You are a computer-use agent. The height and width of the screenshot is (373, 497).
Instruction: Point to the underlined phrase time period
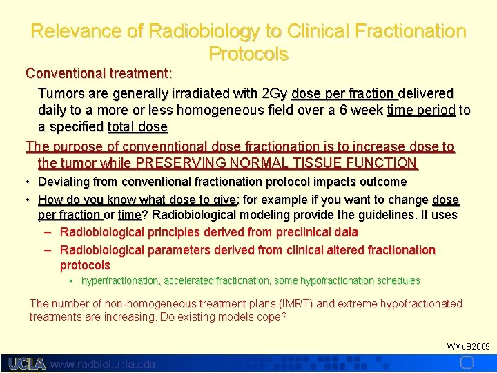click(x=421, y=110)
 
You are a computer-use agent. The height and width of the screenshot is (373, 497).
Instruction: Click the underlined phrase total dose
click(x=137, y=127)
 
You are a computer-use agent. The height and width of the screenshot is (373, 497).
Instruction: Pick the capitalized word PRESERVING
click(x=182, y=164)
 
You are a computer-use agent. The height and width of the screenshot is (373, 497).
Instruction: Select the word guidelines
click(x=390, y=215)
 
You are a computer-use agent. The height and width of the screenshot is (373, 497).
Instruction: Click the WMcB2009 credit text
click(x=468, y=346)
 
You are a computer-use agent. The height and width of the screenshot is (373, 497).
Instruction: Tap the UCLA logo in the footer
click(x=27, y=363)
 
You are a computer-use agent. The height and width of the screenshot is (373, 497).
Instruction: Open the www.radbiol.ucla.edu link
click(x=104, y=364)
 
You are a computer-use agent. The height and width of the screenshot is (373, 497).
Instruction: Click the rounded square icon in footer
click(x=467, y=363)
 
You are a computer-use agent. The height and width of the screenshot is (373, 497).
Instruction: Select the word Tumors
click(x=60, y=93)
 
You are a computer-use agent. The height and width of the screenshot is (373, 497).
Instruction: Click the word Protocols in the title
click(x=248, y=53)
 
